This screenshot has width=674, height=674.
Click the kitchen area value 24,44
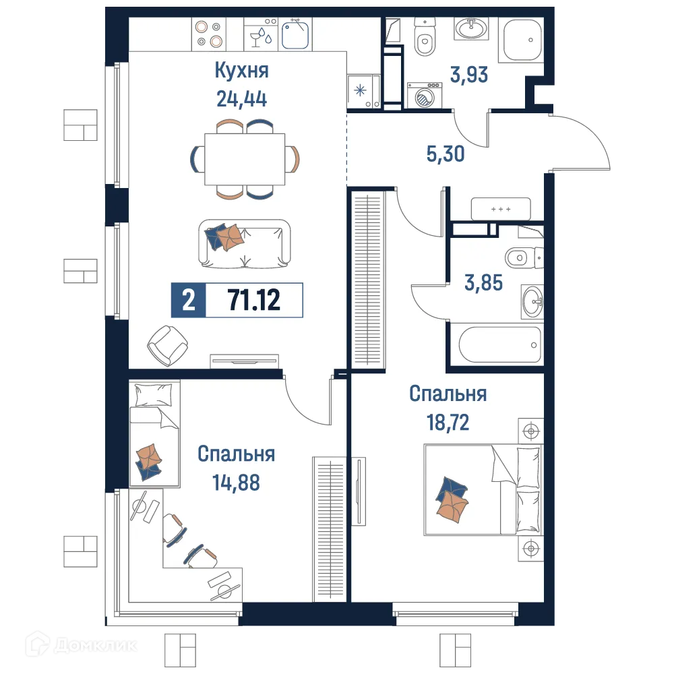[x=241, y=100]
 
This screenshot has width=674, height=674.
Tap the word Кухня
[x=241, y=70]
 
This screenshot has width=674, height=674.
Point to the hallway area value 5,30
[x=446, y=154]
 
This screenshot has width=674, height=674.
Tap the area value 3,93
[x=468, y=74]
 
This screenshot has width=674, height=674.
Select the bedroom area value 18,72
[x=447, y=423]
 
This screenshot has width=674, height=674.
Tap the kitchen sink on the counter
[x=295, y=34]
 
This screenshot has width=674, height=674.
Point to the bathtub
[x=500, y=346]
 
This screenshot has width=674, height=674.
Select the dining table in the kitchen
[x=244, y=159]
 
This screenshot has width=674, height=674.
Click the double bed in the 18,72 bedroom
[x=482, y=489]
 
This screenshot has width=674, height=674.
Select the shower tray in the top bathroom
[x=523, y=40]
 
